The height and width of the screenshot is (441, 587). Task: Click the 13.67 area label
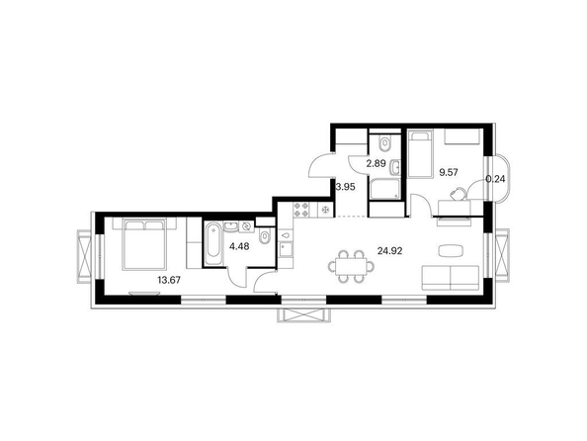169,280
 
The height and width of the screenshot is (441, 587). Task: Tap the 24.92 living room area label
390,251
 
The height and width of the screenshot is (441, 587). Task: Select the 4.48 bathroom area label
239,246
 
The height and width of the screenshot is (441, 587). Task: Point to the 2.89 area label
376,163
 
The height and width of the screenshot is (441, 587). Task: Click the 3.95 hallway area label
345,187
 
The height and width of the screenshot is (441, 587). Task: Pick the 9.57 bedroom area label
449,172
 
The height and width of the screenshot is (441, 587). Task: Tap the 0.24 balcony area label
495,179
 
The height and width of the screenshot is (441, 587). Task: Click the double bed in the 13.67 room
144,244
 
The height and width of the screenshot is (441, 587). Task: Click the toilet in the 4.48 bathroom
265,237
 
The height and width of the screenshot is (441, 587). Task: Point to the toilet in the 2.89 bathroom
384,143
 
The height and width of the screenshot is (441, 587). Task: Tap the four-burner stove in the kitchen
301,210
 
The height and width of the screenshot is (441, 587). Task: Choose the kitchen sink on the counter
287,249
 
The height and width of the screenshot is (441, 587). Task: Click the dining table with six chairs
351,266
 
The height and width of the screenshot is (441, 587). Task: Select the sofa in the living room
451,278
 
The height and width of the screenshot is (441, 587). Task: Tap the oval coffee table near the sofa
452,251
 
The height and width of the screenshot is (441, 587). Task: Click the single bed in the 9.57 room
420,153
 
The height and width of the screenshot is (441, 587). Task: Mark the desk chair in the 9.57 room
459,194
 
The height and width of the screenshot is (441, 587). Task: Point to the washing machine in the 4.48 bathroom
246,226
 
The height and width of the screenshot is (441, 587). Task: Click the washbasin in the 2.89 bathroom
395,167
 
